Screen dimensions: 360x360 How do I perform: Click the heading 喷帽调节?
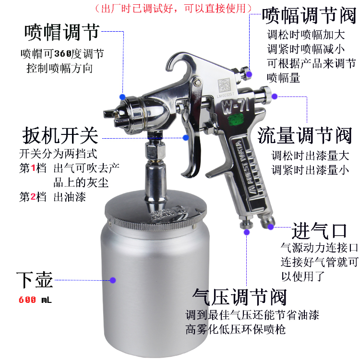pos(62,32)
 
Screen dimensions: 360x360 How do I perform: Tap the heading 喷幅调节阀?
pos(309,15)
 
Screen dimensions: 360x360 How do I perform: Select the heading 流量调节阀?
pos(305,135)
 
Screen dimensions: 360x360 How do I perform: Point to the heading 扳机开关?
pos(60,135)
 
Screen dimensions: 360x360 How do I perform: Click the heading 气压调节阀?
pos(240,297)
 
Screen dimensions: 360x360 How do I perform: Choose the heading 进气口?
pos(319,231)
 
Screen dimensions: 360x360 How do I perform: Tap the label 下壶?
pos(35,280)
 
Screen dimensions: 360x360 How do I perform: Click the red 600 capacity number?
pos(27,300)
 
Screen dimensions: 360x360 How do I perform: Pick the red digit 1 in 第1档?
pos(33,168)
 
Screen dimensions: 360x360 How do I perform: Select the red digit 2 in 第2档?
pos(33,197)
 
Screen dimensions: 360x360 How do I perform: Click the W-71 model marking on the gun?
pos(236,106)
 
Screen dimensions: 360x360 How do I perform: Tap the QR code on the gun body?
pos(224,84)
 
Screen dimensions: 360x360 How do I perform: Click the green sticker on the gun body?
pos(236,120)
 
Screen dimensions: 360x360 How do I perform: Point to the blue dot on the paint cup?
pos(112,280)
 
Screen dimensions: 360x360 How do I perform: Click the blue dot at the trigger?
pos(186,138)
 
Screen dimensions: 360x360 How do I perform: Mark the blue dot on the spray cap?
pos(122,97)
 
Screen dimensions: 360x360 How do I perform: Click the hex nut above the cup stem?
pos(156,151)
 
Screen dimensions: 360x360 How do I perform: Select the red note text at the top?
pos(173,9)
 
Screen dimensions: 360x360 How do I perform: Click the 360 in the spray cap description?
pos(63,54)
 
